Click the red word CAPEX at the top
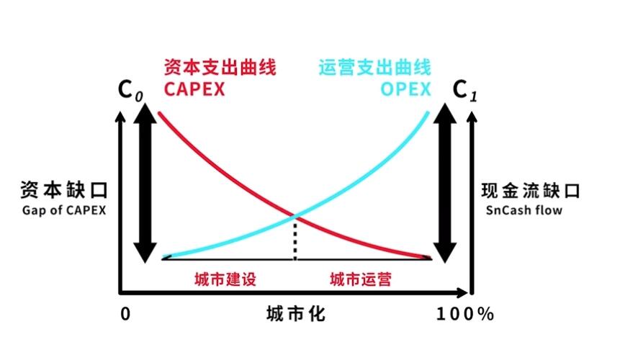pos(194,89)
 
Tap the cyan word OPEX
pos(405,89)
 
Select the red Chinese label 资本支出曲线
pos(220,67)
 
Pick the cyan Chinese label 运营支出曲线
pos(375,67)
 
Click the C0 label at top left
pos(130,91)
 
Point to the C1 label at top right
pos(465,91)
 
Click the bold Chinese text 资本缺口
pos(64,190)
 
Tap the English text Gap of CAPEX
pos(64,210)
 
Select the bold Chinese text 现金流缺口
pos(531,191)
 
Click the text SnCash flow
pos(524,210)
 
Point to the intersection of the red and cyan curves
pos(295,216)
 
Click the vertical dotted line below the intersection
pos(295,240)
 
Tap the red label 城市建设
pos(225,279)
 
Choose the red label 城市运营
pos(361,279)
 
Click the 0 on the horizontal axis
pos(125,314)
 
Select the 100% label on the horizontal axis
pos(465,314)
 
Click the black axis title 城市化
pos(296,314)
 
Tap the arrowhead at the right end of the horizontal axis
pos(462,293)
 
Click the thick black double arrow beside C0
pos(145,183)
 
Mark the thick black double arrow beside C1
pos(445,183)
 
